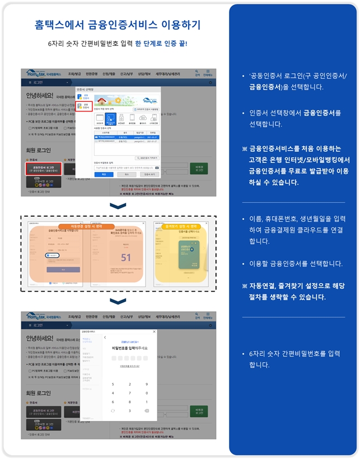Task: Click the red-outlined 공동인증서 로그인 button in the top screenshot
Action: (x=43, y=168)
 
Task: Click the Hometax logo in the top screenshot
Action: (x=39, y=74)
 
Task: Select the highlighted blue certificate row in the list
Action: (x=127, y=137)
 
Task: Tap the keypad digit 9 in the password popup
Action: (x=147, y=384)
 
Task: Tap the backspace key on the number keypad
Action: (x=147, y=411)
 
